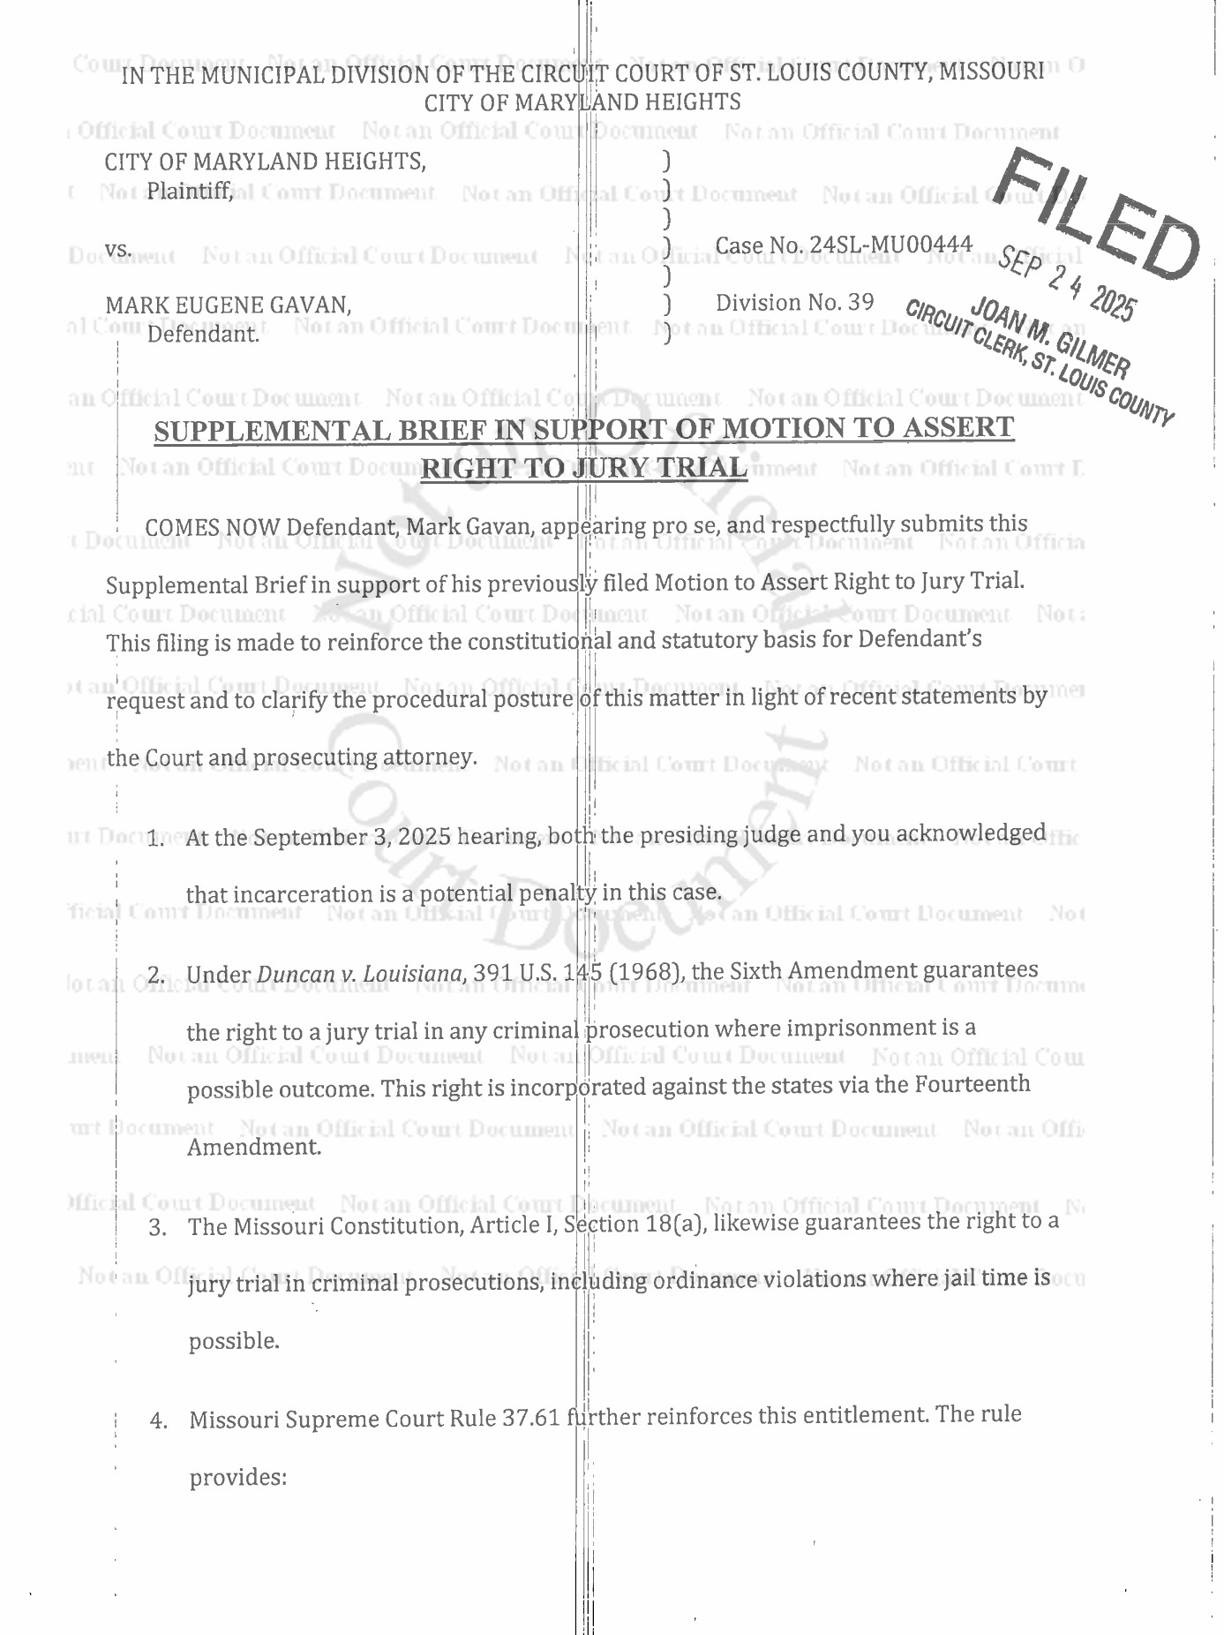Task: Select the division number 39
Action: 860,303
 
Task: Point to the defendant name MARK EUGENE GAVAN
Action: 229,305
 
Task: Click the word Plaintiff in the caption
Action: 190,191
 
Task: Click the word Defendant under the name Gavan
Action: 203,335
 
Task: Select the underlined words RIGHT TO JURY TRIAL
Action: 583,468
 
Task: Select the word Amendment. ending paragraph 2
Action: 254,1147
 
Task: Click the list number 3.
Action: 157,1228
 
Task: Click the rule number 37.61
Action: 531,1419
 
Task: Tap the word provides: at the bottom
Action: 238,1477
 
